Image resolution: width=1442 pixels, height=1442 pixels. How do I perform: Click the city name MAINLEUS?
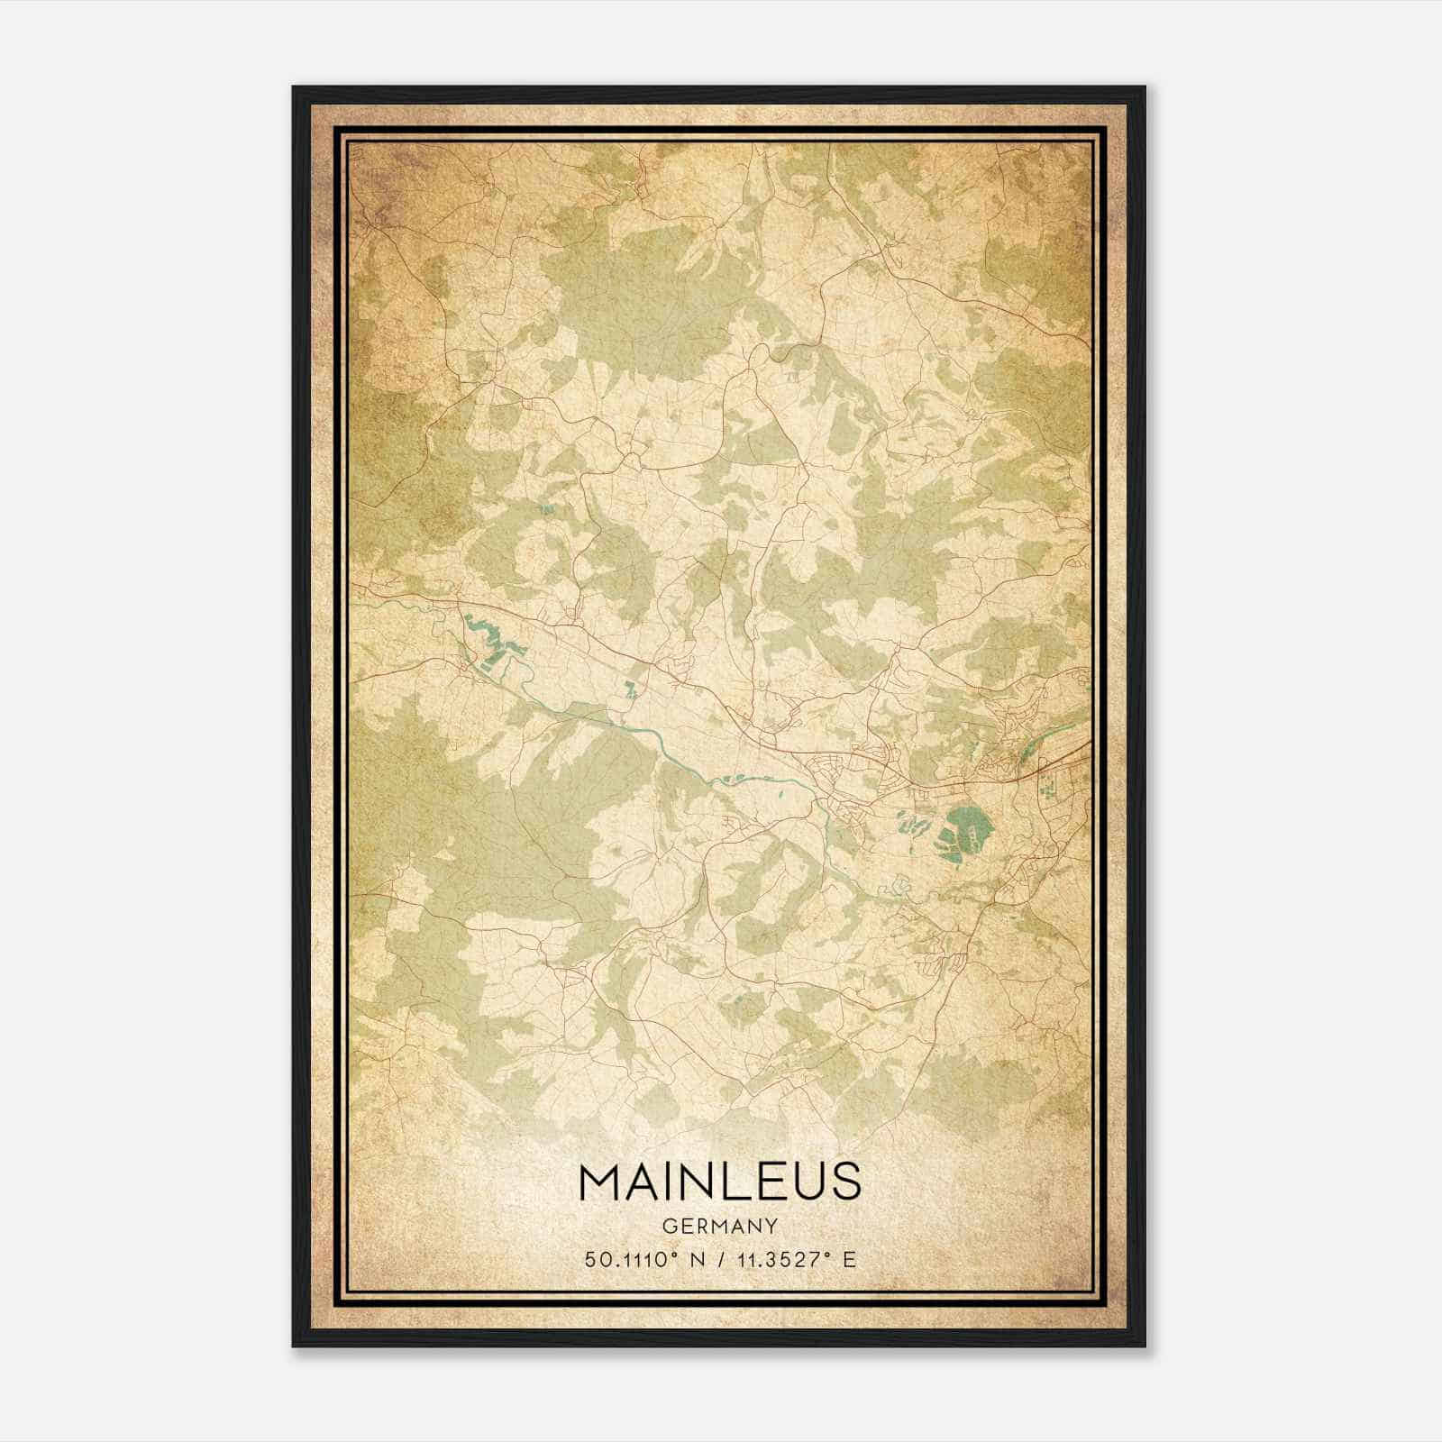(x=720, y=1182)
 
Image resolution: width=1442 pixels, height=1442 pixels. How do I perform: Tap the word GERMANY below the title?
(x=720, y=1226)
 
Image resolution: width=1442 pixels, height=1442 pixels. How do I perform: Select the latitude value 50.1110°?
(x=631, y=1260)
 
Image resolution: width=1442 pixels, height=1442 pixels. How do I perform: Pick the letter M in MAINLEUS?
(x=601, y=1182)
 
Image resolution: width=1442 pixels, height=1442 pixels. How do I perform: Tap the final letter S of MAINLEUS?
(x=845, y=1182)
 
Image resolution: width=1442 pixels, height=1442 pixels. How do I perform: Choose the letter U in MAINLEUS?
(x=808, y=1182)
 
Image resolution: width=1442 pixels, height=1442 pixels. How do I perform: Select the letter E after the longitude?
(x=849, y=1260)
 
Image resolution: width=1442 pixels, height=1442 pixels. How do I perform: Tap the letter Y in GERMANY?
(x=771, y=1226)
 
